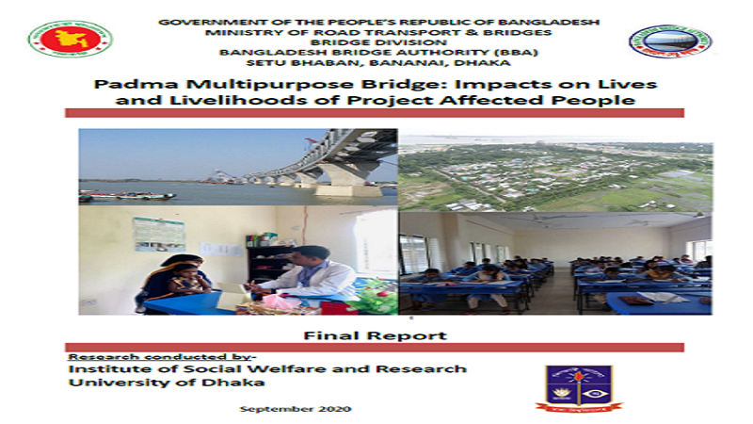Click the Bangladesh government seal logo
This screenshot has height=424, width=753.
click(70, 40)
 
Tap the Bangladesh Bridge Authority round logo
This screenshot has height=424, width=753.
click(670, 41)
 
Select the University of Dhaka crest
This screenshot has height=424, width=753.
click(579, 388)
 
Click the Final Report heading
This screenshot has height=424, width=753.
click(375, 335)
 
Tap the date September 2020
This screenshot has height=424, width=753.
click(296, 409)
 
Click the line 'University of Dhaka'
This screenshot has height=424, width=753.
click(167, 383)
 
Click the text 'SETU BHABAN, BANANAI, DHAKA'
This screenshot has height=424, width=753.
click(378, 62)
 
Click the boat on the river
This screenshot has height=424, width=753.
click(127, 196)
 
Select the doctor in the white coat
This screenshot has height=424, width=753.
click(308, 274)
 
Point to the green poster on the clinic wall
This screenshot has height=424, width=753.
click(159, 234)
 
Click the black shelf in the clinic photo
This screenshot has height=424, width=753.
click(269, 262)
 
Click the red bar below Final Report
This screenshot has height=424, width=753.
click(375, 347)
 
